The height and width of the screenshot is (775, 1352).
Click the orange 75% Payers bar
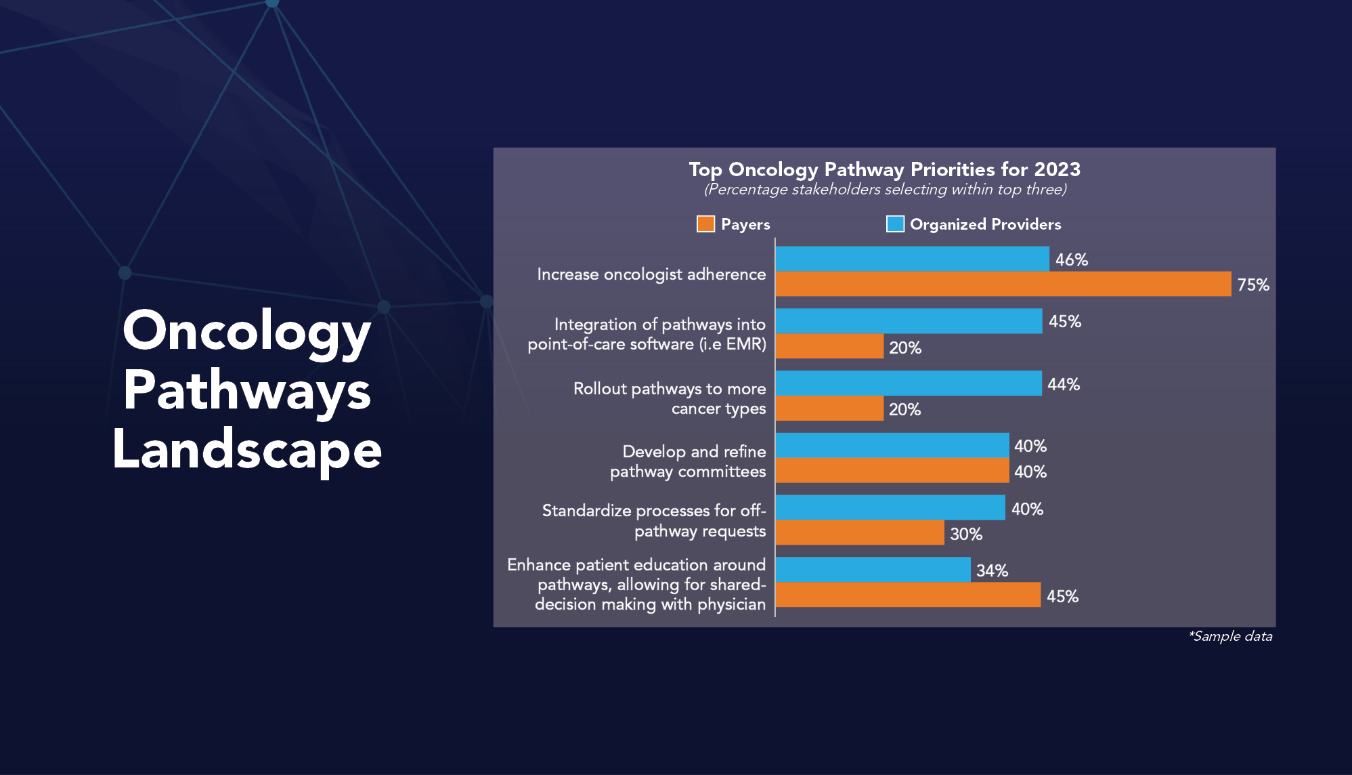[1003, 284]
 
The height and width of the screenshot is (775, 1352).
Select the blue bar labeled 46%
[912, 259]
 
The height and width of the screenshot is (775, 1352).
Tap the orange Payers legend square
[705, 224]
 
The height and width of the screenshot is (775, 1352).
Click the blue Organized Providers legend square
[895, 224]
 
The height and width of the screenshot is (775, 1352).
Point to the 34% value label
[992, 571]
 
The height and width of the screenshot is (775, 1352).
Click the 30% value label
[965, 535]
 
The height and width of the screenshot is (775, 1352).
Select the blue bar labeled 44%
[908, 383]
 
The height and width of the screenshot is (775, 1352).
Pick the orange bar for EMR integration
[829, 346]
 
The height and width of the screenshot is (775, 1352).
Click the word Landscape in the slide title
[247, 450]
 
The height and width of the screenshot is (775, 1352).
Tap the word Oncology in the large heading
[246, 331]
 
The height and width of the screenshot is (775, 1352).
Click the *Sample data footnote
[1230, 636]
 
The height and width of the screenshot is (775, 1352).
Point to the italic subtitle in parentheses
[885, 190]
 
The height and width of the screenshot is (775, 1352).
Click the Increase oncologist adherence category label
[651, 274]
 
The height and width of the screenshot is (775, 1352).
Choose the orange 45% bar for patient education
[907, 595]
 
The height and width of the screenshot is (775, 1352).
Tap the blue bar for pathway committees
[892, 445]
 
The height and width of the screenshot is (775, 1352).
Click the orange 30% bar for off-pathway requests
[859, 532]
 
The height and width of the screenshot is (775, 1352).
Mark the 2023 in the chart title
[1057, 169]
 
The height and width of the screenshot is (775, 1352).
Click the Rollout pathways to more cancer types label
[670, 398]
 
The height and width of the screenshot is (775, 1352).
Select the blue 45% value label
[1064, 322]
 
